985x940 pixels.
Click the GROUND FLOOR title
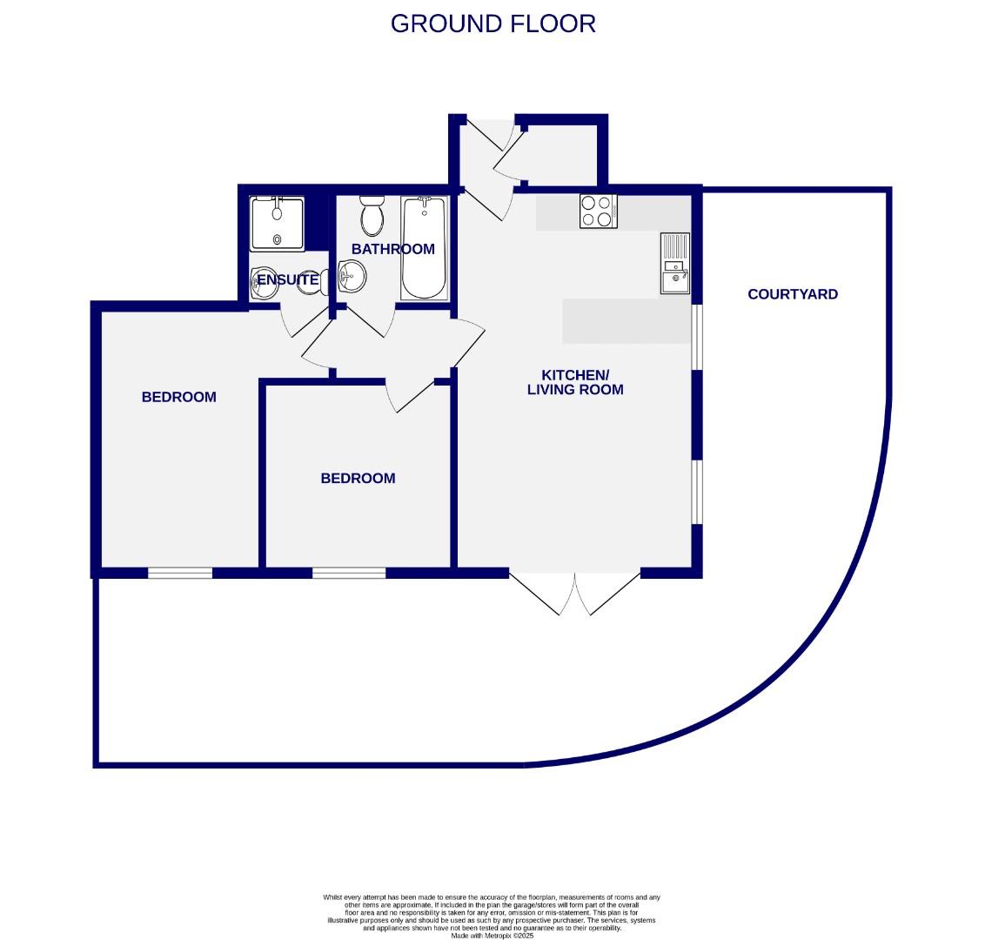click(492, 23)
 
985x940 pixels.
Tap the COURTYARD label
click(793, 294)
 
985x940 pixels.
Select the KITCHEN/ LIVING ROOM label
click(575, 382)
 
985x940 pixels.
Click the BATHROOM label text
click(392, 249)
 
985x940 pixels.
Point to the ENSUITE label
click(287, 280)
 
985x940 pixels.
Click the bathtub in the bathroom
click(425, 248)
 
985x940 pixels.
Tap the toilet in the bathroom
click(372, 216)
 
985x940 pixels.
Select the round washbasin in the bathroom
click(352, 278)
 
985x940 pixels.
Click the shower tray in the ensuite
click(278, 224)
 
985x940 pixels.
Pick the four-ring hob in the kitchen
click(598, 211)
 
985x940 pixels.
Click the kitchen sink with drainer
click(674, 263)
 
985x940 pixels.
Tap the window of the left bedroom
click(180, 573)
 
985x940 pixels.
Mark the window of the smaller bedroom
click(349, 573)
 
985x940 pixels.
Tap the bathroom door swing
click(369, 320)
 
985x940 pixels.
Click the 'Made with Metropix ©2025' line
click(492, 936)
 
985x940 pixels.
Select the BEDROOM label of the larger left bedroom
click(178, 397)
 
